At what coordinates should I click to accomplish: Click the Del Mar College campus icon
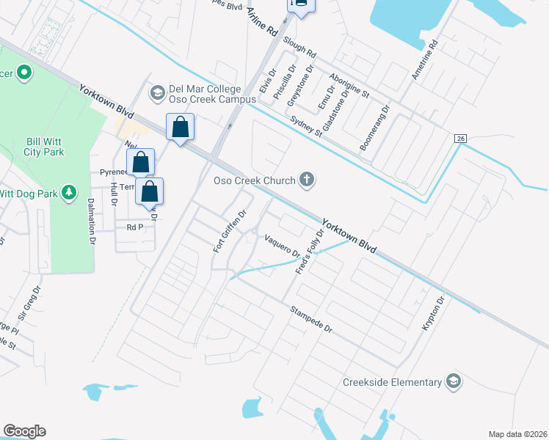tap(156, 92)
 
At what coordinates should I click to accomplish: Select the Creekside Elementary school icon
tap(454, 381)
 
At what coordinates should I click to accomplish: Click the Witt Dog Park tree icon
tap(70, 192)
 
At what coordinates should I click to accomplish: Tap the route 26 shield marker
tap(460, 139)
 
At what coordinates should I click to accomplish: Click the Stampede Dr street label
tap(311, 320)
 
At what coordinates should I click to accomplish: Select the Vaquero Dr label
tap(283, 246)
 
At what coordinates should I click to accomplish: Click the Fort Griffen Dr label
tap(230, 230)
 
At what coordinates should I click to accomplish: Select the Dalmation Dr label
tap(92, 219)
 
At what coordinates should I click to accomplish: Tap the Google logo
tap(24, 431)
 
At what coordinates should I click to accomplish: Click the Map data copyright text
tap(517, 434)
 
